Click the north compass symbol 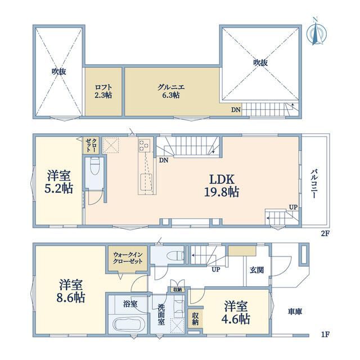316,32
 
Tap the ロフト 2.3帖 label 103,91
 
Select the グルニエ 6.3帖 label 171,91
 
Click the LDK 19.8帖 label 222,186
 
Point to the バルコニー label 314,184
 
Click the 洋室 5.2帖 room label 58,182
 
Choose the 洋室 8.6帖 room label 71,291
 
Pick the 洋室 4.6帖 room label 236,313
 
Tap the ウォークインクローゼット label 128,258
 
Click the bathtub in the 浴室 127,324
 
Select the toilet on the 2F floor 94,166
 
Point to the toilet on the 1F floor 176,255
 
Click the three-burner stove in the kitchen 144,146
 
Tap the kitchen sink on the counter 146,182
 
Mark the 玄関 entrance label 256,270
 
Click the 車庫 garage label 295,312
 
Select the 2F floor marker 325,234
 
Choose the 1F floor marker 325,334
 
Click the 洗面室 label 161,314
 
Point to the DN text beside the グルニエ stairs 236,110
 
